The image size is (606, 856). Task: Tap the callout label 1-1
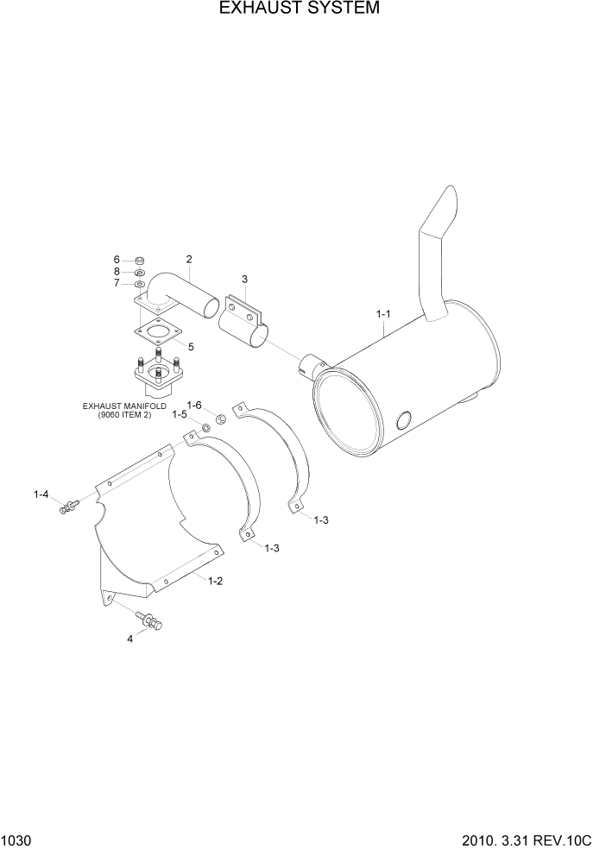384,314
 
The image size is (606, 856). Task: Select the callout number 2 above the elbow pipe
188,259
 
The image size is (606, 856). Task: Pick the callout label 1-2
216,581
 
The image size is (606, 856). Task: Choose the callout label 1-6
195,405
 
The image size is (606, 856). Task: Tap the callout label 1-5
180,415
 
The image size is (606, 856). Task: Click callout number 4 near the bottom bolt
130,639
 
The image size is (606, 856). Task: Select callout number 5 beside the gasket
191,347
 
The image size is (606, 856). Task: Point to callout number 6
117,260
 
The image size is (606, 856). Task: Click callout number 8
117,271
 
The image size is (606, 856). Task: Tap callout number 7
117,282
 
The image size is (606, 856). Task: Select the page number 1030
16,840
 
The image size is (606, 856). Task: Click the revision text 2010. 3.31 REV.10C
530,840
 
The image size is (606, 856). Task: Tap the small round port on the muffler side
403,420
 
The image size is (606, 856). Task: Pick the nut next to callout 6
140,261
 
